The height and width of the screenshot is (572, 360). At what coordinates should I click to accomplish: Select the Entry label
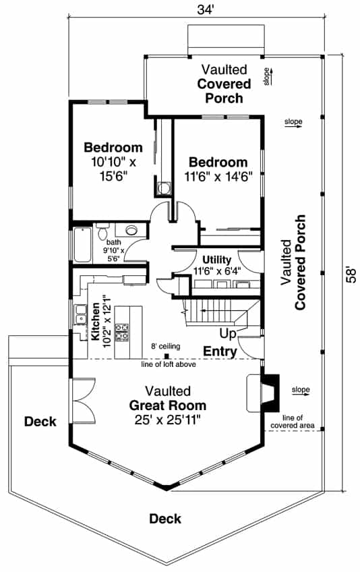[220, 351]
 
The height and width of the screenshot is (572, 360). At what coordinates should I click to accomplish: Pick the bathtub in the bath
[81, 245]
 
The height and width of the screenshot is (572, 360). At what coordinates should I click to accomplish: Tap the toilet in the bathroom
[102, 232]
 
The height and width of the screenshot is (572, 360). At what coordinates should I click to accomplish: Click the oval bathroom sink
[131, 229]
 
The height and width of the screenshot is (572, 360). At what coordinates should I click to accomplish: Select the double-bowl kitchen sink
[81, 313]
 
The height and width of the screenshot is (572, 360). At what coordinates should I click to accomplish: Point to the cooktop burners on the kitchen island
[123, 332]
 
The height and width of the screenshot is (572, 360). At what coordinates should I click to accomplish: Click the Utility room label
[217, 260]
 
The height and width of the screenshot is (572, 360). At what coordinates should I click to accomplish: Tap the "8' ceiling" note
[165, 346]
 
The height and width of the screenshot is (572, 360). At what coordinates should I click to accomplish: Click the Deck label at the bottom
[165, 518]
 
